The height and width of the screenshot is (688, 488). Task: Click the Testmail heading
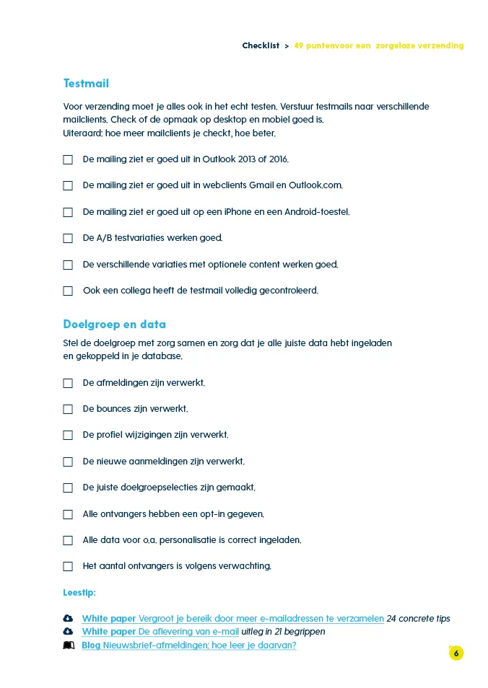tap(86, 84)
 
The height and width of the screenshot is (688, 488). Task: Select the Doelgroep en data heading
tap(115, 325)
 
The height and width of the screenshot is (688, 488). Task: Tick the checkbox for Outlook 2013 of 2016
tap(68, 159)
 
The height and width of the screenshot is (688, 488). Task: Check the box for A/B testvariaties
tap(68, 238)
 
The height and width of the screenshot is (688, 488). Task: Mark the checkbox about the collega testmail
tap(68, 291)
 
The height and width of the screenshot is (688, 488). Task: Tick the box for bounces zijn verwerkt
tap(68, 409)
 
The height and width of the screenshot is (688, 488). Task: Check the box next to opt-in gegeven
tap(68, 514)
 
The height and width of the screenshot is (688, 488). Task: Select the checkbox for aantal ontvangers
tap(68, 567)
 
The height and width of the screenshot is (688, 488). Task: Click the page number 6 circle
tap(456, 653)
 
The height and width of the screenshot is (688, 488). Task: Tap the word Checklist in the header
tap(261, 45)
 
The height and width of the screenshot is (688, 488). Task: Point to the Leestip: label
tap(79, 593)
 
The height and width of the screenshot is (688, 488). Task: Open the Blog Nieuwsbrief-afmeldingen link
tap(189, 645)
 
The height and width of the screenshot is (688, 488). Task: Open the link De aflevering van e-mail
tap(188, 632)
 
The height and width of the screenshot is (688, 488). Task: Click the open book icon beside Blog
tap(69, 645)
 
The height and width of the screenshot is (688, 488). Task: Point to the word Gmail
tap(261, 185)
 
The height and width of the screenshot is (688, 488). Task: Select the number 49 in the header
tap(299, 45)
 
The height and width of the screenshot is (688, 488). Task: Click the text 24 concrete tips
tap(419, 619)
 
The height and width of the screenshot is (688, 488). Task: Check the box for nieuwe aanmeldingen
tap(68, 462)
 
